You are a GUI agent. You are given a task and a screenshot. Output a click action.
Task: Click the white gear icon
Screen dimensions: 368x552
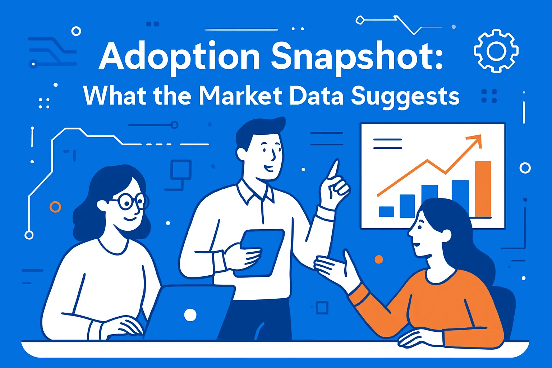coord(496,51)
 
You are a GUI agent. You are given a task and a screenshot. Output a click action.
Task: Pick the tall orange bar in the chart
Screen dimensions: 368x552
coord(483,189)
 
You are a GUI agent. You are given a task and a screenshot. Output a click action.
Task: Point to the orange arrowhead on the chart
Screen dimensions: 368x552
coord(475,140)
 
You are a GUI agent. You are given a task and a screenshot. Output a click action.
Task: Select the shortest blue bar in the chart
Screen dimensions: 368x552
coord(386,212)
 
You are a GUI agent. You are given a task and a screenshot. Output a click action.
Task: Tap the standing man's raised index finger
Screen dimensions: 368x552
coord(333,169)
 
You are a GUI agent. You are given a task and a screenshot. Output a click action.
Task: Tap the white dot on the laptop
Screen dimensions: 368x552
coord(190,315)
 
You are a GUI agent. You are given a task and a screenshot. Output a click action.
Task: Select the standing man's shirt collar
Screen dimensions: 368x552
coord(256,192)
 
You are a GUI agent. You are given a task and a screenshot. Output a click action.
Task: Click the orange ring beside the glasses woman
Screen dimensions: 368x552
coord(55,207)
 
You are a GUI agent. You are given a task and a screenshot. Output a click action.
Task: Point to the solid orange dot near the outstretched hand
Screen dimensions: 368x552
coord(378,259)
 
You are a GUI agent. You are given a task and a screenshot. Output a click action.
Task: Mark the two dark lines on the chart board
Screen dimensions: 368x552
coord(387,143)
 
